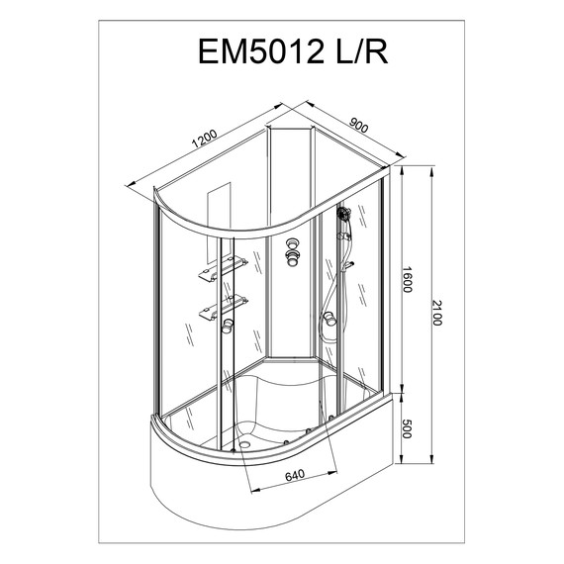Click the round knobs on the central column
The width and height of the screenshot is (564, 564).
[293, 252]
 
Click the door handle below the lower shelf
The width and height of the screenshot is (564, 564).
[228, 328]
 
